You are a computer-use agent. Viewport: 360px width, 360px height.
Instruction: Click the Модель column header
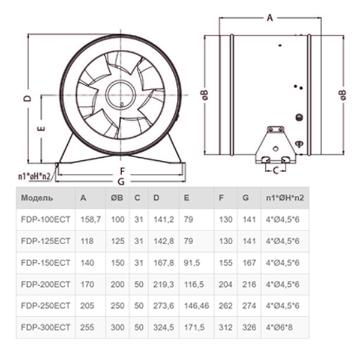pyautogui.click(x=37, y=197)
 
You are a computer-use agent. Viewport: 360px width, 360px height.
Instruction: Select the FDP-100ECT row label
pyautogui.click(x=46, y=220)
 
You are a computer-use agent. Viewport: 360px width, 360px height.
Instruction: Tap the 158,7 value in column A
pyautogui.click(x=91, y=220)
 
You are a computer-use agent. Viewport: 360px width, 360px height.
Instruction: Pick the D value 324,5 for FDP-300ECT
pyautogui.click(x=163, y=328)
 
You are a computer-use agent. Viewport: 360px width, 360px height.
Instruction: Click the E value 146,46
pyautogui.click(x=197, y=306)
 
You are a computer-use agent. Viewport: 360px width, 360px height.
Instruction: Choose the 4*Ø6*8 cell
pyautogui.click(x=279, y=328)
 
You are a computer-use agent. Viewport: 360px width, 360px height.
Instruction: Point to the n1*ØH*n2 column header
pyautogui.click(x=284, y=197)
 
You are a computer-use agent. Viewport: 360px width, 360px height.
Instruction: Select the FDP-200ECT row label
pyautogui.click(x=46, y=284)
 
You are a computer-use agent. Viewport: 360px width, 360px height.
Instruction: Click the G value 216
pyautogui.click(x=249, y=284)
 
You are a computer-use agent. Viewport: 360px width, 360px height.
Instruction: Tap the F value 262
pyautogui.click(x=225, y=306)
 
